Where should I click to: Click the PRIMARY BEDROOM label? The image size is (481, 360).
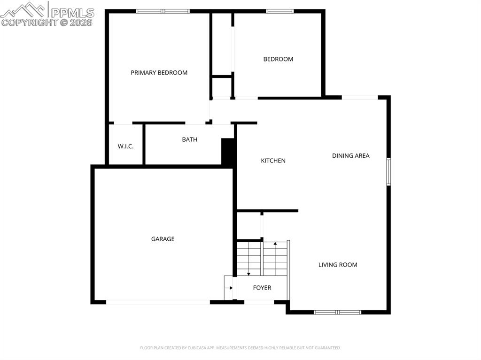(x=159, y=73)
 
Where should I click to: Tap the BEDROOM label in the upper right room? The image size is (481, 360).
(x=278, y=59)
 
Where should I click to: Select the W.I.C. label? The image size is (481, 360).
(x=125, y=146)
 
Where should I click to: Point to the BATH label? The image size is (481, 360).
(x=190, y=139)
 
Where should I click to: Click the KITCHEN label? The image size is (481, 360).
(x=273, y=161)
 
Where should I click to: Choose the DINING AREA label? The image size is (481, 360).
(x=350, y=156)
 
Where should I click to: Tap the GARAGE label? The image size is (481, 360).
(x=163, y=239)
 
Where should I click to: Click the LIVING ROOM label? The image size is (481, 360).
(x=338, y=265)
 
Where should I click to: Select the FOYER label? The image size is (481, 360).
(x=262, y=288)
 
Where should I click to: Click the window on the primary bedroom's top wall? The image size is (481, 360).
(x=163, y=11)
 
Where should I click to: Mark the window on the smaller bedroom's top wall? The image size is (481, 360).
(x=280, y=11)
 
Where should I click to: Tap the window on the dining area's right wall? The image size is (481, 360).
(x=388, y=172)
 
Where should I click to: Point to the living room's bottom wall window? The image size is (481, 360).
(x=337, y=312)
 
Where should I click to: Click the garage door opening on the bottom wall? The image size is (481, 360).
(x=158, y=302)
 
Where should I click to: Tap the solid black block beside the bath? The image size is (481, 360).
(x=228, y=152)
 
